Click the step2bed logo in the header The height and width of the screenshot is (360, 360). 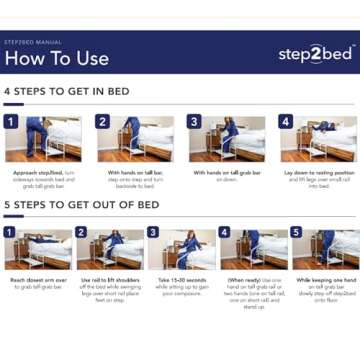point(314,54)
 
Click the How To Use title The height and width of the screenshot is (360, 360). point(56,58)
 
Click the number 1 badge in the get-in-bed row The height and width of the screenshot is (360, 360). point(11,122)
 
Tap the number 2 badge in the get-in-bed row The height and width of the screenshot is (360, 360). point(102,122)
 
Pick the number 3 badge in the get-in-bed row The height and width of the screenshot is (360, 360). point(194,122)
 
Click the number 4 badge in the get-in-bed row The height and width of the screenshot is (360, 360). point(286,122)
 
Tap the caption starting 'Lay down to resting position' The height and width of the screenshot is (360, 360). point(317,180)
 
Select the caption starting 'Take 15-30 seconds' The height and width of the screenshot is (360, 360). point(181,286)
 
